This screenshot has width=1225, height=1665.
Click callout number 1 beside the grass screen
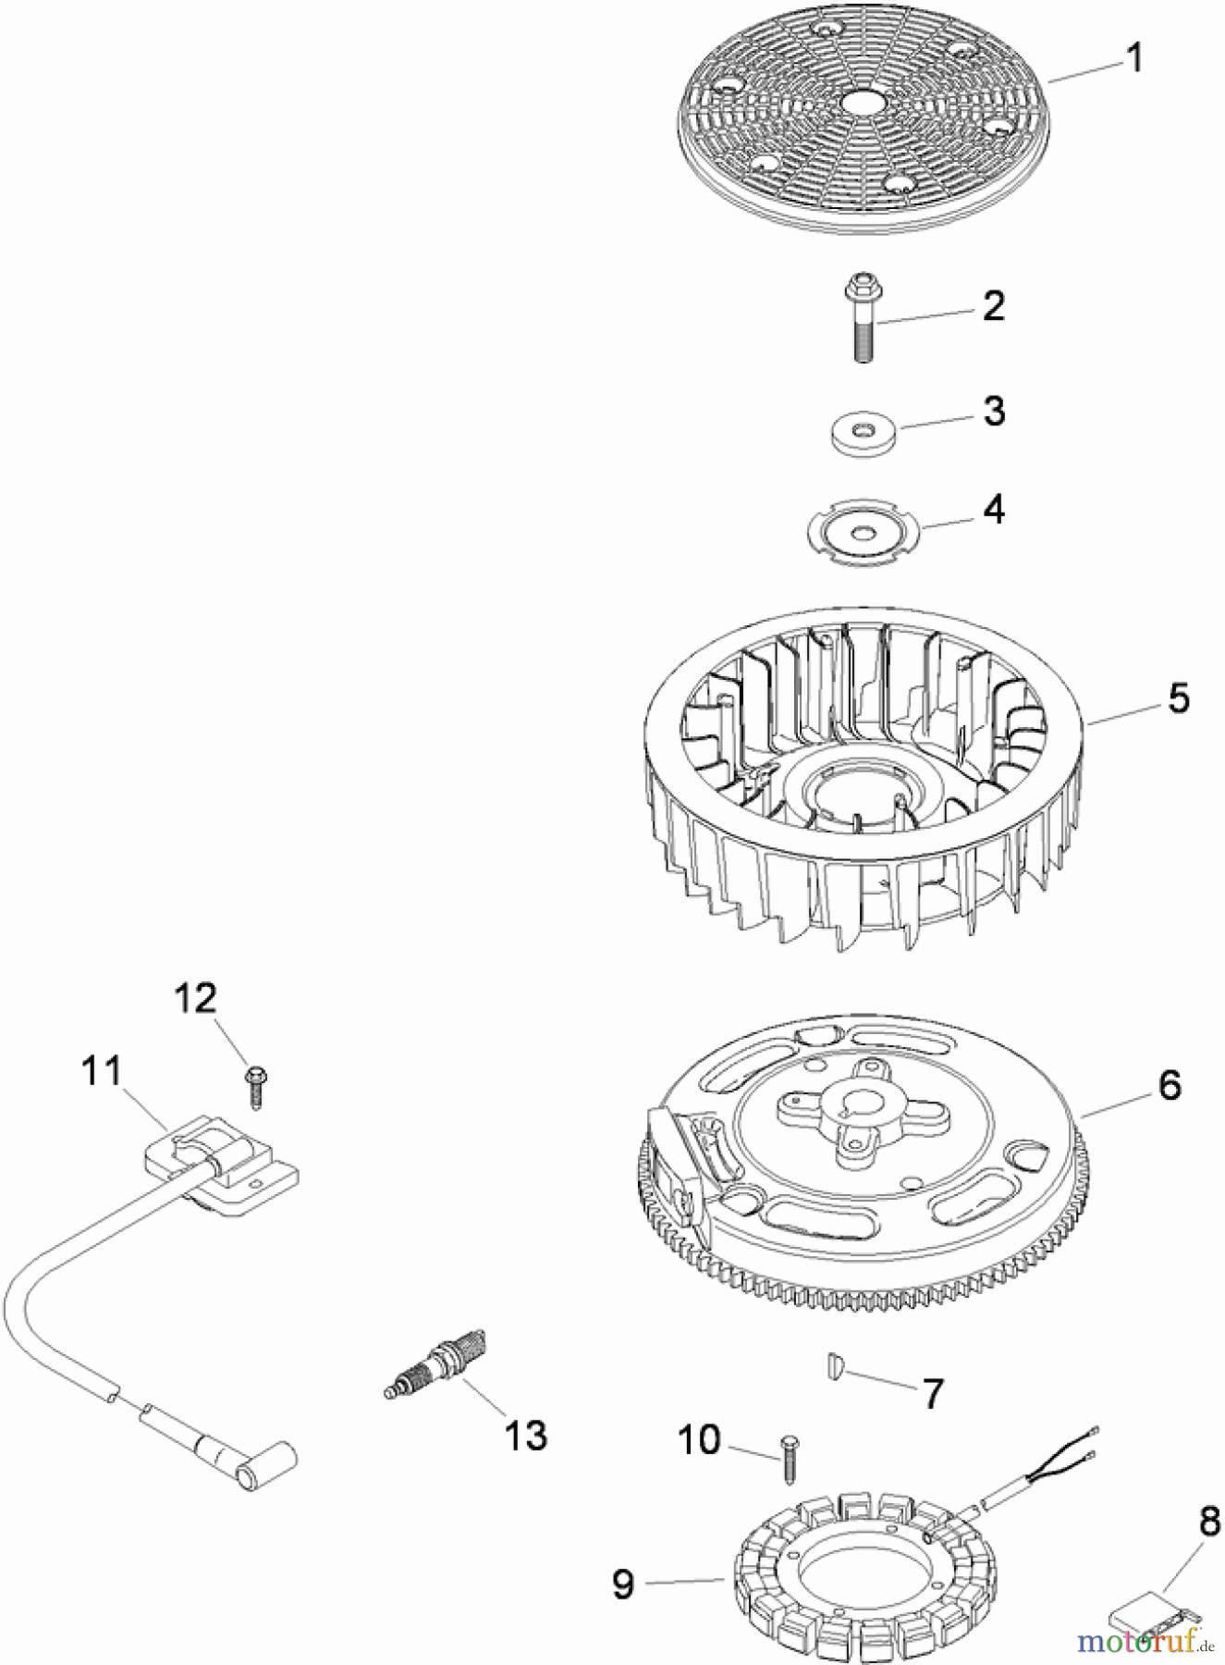pos(1133,58)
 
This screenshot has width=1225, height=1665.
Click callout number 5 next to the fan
pos(1178,698)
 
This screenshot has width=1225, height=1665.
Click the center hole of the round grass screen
pos(862,102)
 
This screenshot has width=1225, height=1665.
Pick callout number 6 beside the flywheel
pos(1169,1085)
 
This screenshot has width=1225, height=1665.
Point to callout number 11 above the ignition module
pos(101,1072)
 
